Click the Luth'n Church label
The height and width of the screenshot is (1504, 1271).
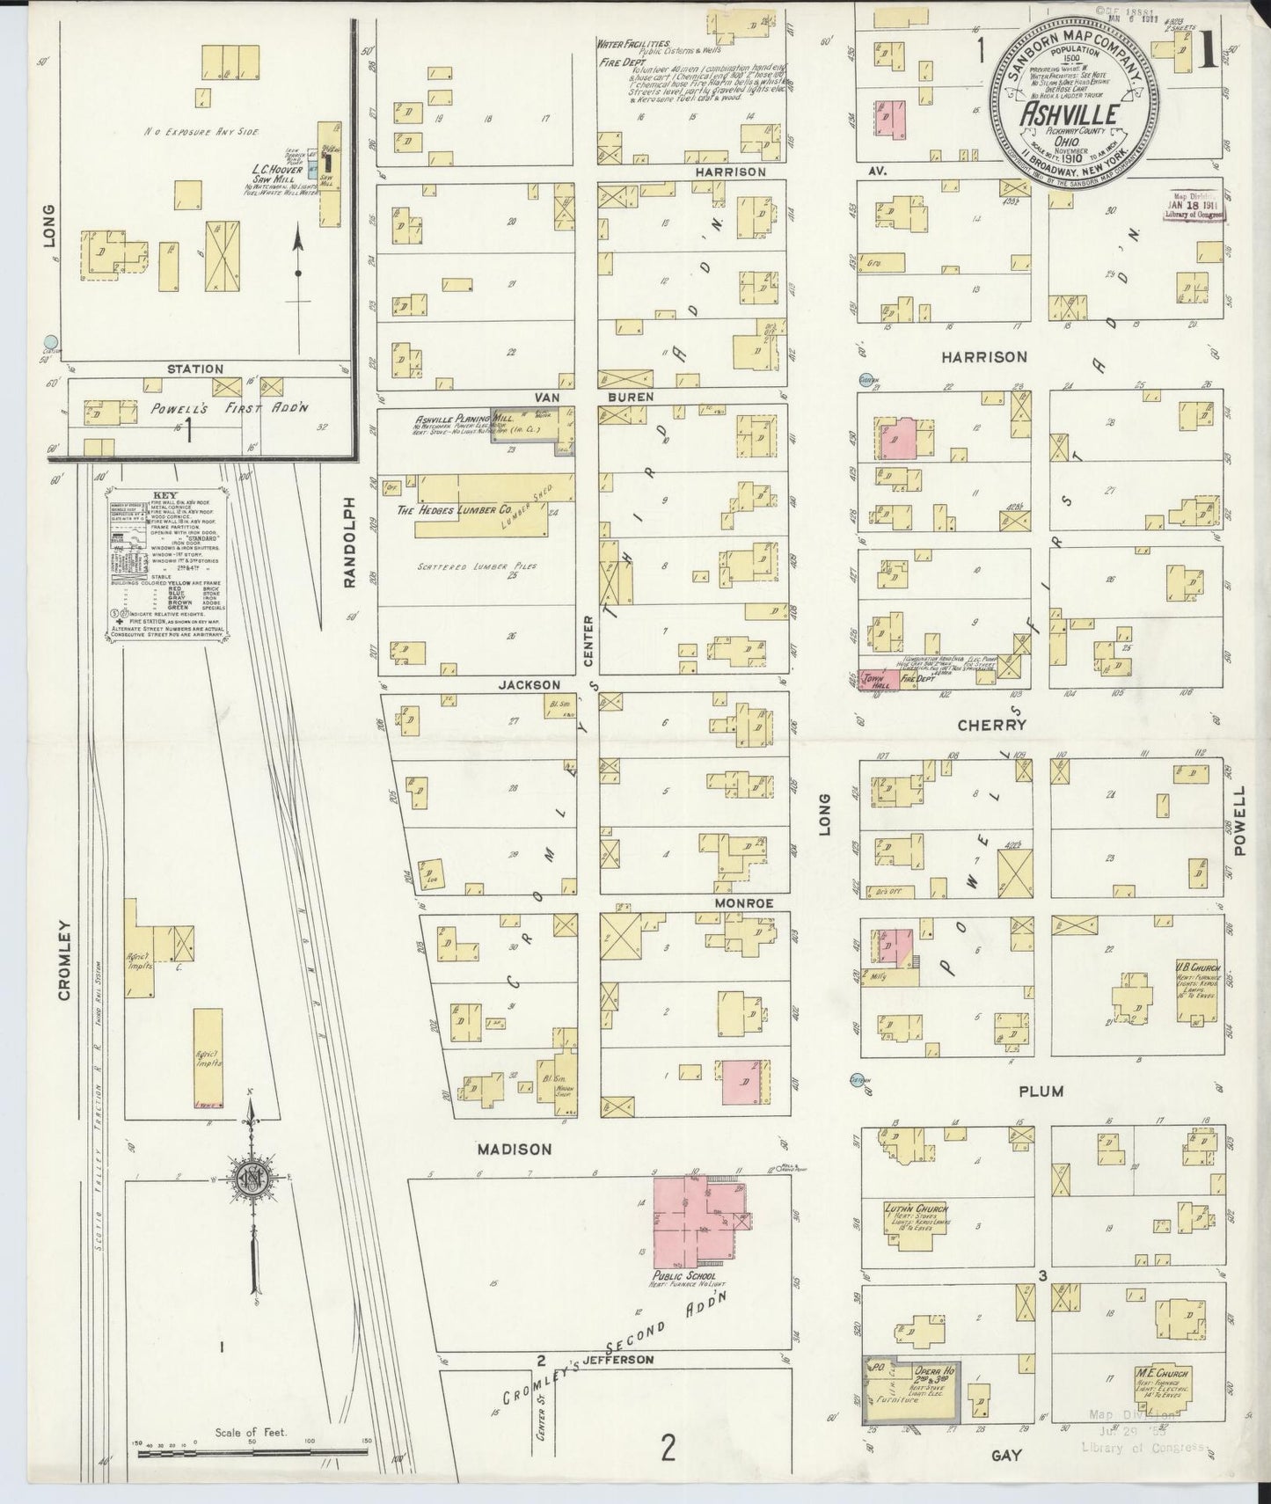coord(917,1209)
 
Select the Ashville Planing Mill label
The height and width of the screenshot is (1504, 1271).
coord(453,420)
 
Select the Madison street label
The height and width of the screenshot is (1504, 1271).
coord(515,1150)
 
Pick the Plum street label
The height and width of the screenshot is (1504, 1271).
coord(1041,1091)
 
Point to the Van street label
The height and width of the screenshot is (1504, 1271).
coord(548,398)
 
